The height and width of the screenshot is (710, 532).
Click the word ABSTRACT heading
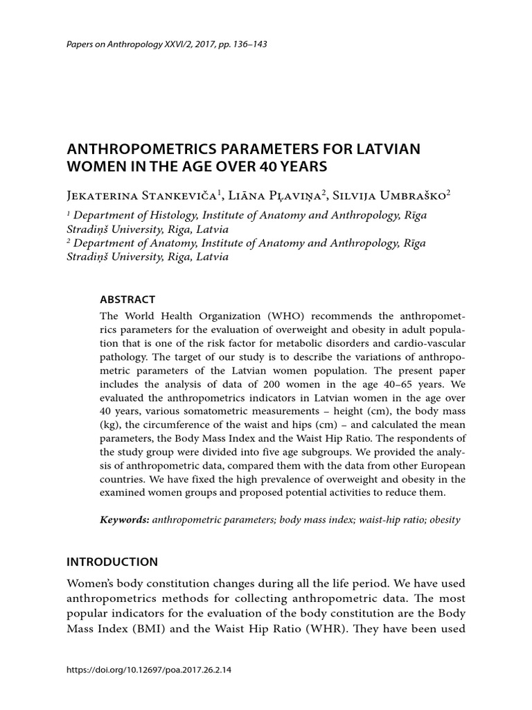pos(128,300)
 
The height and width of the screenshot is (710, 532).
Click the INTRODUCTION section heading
pos(112,562)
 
